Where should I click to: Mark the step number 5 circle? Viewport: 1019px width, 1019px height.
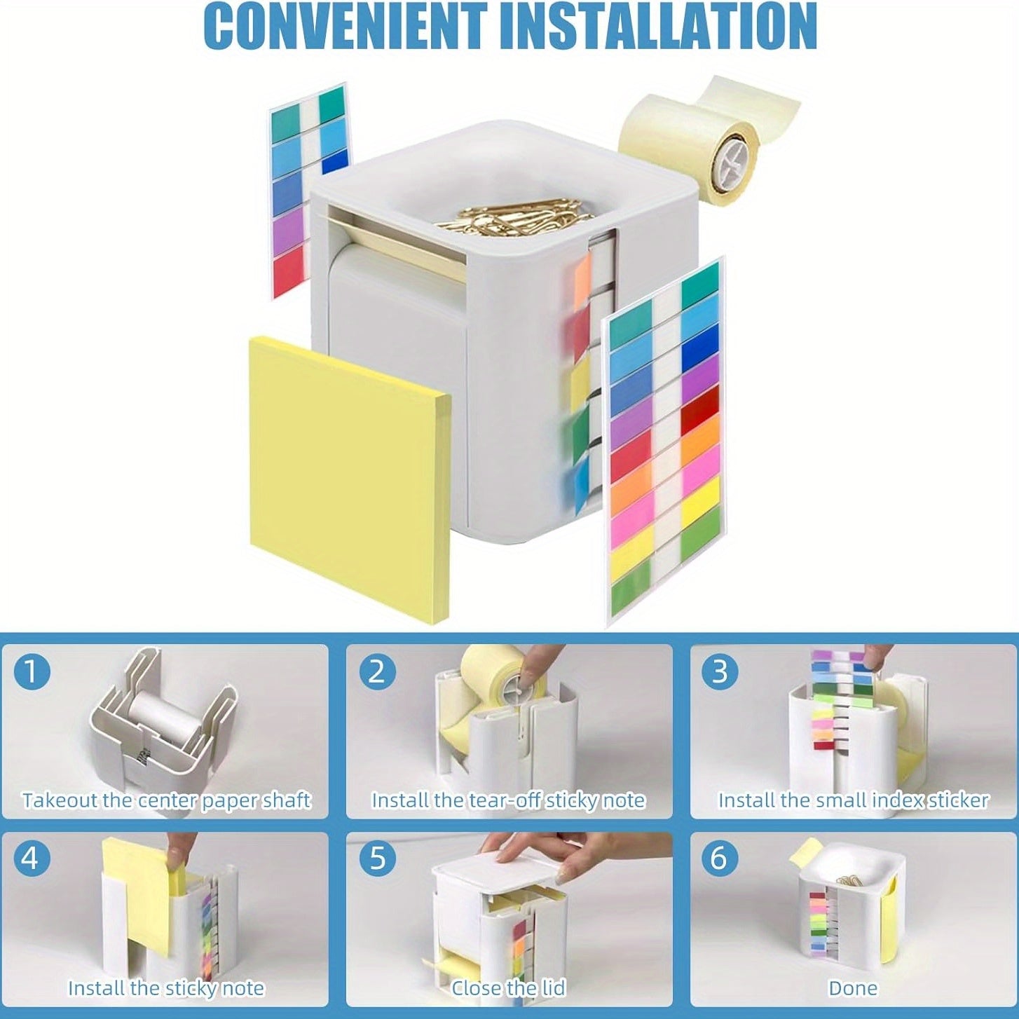pos(377,859)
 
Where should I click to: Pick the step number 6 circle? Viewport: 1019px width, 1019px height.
pos(720,859)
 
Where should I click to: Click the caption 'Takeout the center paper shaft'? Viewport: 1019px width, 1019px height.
pos(166,800)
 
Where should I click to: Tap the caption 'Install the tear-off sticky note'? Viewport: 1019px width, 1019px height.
pos(508,800)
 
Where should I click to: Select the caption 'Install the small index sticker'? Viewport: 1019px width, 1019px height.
pos(853,800)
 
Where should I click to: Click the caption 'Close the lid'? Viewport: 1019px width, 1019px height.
pos(508,988)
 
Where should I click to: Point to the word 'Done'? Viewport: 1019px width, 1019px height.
pos(853,988)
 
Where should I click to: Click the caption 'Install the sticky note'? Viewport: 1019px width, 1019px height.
pos(166,988)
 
